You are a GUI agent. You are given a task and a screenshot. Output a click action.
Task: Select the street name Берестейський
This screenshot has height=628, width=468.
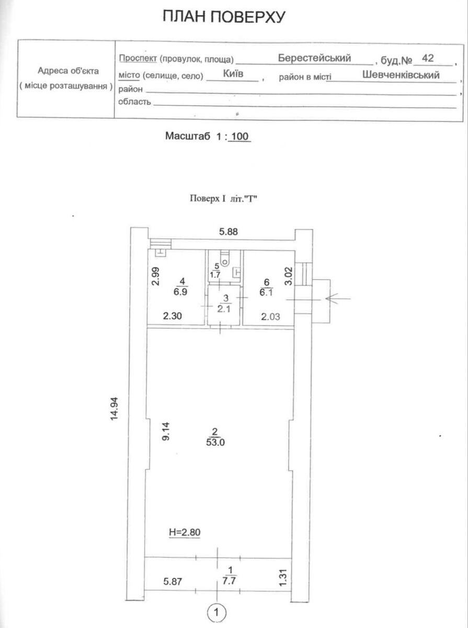314,58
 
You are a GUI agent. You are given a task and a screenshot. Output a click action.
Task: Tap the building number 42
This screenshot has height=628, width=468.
427,58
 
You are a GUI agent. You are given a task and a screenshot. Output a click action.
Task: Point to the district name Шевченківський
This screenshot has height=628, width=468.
401,75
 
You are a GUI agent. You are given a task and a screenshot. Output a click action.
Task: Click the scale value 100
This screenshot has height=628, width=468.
239,137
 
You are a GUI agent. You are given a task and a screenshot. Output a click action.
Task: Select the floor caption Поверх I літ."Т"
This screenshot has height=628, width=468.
224,199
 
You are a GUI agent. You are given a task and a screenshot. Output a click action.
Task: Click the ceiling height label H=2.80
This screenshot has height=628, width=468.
185,532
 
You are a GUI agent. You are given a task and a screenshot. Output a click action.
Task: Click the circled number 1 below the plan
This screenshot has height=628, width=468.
216,611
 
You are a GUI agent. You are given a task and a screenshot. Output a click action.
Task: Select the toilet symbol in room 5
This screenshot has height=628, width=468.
224,257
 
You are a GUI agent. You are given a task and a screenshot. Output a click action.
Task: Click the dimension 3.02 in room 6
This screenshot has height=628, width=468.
286,276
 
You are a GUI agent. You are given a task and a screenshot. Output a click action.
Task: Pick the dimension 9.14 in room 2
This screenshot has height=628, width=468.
166,432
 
